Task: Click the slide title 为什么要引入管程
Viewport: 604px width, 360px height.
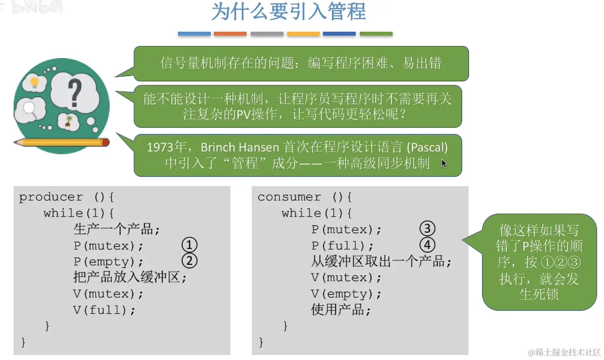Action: pos(289,11)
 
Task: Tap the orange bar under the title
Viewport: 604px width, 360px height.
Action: pos(230,34)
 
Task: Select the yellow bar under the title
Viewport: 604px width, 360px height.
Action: pos(303,34)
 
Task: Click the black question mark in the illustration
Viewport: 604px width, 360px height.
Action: pos(75,93)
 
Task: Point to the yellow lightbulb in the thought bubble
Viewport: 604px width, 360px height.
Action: pos(34,82)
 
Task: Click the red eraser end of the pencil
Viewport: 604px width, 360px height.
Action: pos(106,142)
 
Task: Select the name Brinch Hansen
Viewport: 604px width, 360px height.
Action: pos(239,147)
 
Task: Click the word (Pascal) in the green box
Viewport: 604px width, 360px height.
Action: pos(427,147)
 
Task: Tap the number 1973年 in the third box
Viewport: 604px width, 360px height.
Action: pos(166,147)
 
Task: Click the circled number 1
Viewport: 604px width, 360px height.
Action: pos(189,245)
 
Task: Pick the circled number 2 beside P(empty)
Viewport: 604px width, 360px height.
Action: pos(189,261)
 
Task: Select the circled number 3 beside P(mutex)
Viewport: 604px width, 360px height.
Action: pos(427,229)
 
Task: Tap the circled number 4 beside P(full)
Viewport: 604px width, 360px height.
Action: pos(427,245)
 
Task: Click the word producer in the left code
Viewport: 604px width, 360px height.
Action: pos(51,197)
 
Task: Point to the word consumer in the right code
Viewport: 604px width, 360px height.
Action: pos(289,197)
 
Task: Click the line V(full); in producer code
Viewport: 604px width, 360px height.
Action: pos(104,310)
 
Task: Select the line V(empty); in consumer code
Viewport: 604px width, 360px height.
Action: pos(346,294)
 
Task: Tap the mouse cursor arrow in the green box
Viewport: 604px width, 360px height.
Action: pos(444,164)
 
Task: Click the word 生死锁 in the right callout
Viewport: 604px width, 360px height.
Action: pos(539,294)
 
